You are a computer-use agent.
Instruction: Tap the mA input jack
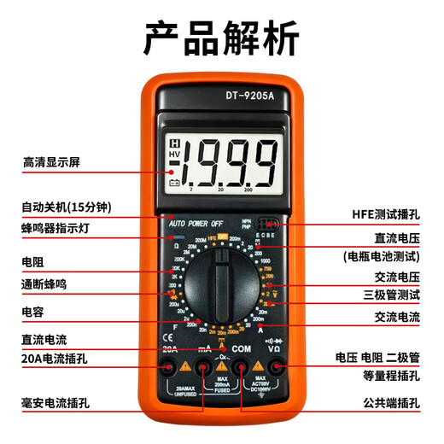(x=205, y=368)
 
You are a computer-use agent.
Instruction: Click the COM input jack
(x=242, y=368)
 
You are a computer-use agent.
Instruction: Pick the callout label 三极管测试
(x=392, y=295)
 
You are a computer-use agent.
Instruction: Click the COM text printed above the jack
(x=242, y=348)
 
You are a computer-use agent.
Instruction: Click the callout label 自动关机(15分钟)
(x=67, y=207)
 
